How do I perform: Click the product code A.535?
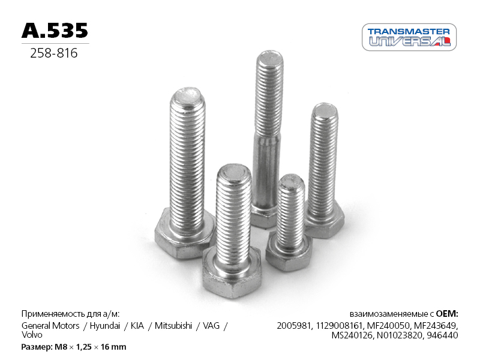coord(55,31)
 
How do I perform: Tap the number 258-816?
coord(54,53)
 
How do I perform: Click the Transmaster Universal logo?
coord(409,37)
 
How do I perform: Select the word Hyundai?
coord(104,325)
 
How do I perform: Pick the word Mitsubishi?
coord(173,325)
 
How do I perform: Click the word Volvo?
coord(32,335)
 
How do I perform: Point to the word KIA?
coord(137,325)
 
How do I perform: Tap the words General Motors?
coord(50,325)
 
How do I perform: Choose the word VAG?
coord(211,325)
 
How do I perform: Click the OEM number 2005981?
coord(294,325)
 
